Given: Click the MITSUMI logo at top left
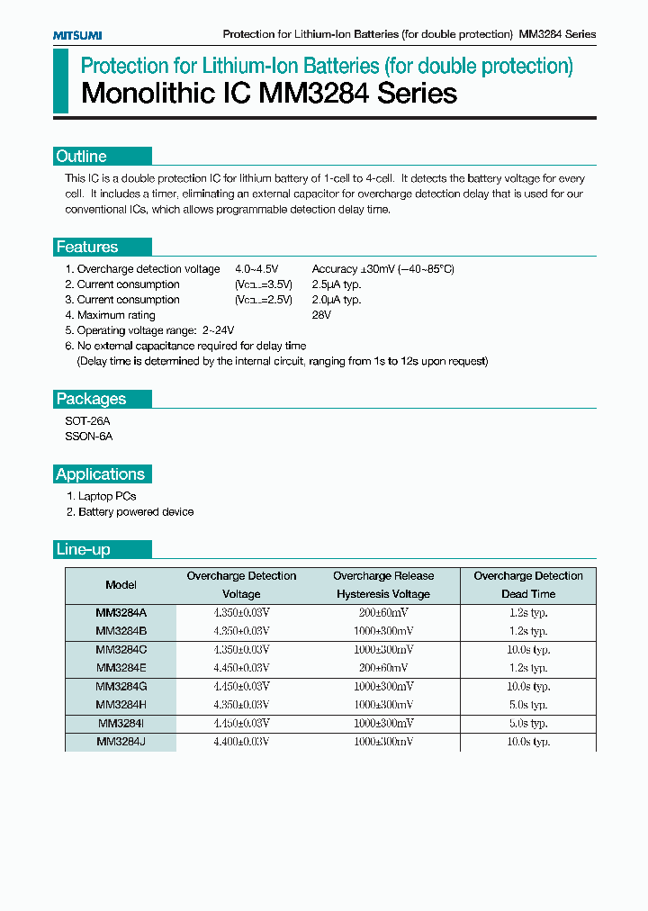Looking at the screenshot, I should click(76, 34).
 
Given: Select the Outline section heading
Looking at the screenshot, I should click(82, 156).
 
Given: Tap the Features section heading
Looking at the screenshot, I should click(87, 247).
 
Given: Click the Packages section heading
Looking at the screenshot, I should click(91, 399).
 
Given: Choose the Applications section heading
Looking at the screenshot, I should click(100, 474).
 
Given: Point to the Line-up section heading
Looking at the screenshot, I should click(83, 549).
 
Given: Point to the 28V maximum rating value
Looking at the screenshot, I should click(321, 315).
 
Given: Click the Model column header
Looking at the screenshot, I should click(121, 585).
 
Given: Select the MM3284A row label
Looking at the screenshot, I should click(121, 612).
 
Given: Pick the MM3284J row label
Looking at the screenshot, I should click(121, 742).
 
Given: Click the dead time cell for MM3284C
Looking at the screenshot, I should click(527, 649).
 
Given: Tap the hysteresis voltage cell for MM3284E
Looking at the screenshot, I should click(383, 668).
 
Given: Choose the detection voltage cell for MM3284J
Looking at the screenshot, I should click(241, 742).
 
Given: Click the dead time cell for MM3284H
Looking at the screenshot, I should click(527, 705).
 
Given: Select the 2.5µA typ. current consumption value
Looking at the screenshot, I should click(336, 284).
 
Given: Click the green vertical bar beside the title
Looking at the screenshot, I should click(60, 81).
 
